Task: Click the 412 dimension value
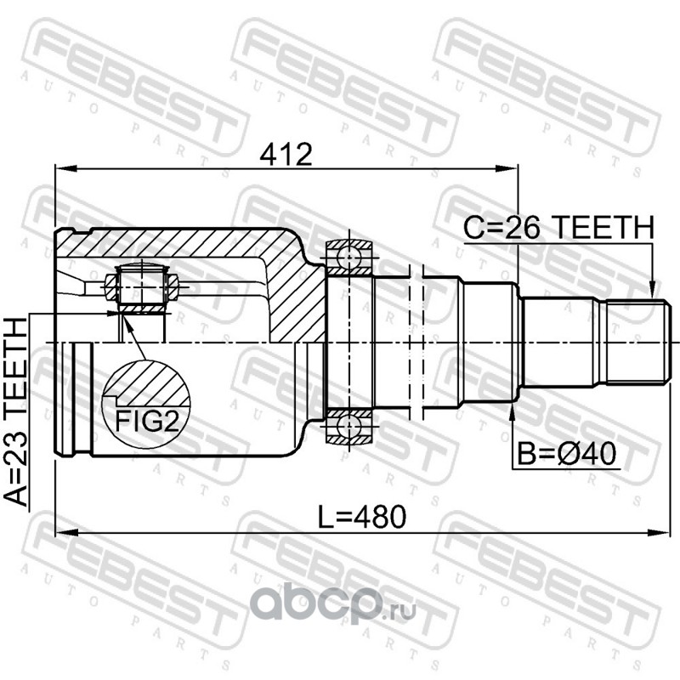click(286, 155)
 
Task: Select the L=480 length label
click(362, 517)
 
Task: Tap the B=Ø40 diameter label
click(567, 454)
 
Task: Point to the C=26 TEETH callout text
click(558, 227)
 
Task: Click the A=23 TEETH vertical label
click(16, 412)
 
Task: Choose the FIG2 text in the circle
click(146, 420)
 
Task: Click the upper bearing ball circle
click(349, 258)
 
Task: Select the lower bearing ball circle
click(349, 427)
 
